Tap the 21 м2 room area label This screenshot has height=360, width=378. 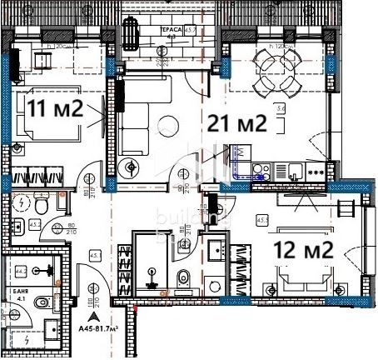237,124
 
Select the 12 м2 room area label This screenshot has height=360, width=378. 304,248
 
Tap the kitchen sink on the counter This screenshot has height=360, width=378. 296,172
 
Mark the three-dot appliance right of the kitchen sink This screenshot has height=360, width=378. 316,172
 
